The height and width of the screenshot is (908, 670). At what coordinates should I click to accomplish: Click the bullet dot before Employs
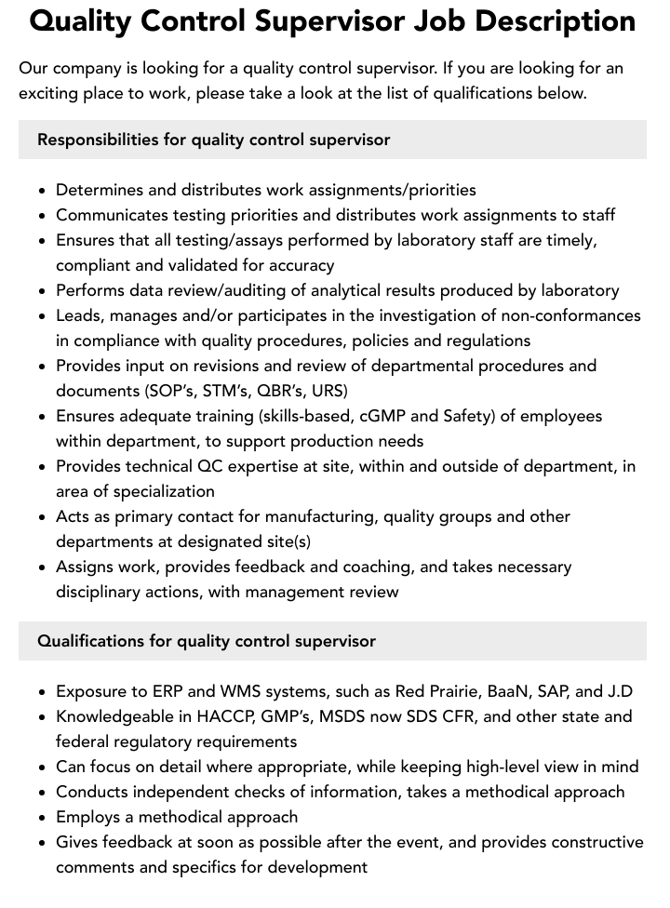click(x=43, y=818)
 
